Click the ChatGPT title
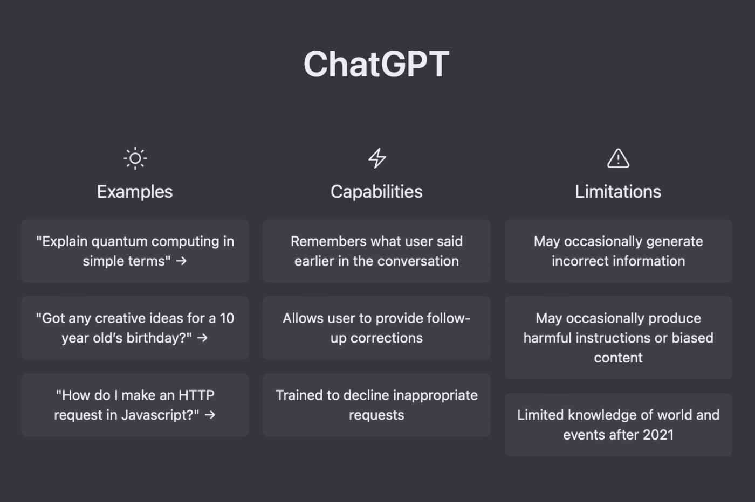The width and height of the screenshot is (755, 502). (x=376, y=64)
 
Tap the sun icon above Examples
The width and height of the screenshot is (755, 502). (x=135, y=158)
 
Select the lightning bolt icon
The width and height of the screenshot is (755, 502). (x=377, y=158)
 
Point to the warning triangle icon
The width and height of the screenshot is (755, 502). (x=618, y=158)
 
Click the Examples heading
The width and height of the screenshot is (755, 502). (x=135, y=192)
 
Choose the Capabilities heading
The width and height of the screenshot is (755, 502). (x=376, y=192)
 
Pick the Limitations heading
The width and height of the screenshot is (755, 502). (x=618, y=192)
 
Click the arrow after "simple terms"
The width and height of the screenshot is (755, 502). (x=181, y=261)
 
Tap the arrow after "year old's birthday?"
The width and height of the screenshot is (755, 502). (x=203, y=338)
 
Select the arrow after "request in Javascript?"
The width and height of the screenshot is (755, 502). (x=210, y=415)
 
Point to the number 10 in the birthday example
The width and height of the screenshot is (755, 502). (x=227, y=318)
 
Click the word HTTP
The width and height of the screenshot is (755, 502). (x=196, y=395)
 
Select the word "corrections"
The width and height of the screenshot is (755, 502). (x=386, y=338)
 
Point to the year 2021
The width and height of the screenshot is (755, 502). (x=658, y=435)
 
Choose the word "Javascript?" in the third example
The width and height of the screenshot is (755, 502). (x=160, y=415)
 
